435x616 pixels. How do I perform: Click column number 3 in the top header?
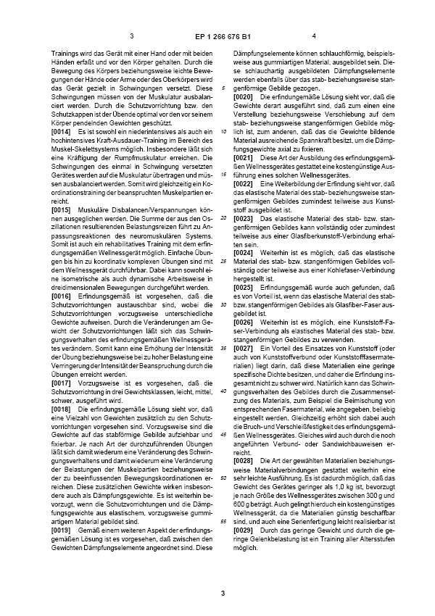132,36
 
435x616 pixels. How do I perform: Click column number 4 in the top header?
314,36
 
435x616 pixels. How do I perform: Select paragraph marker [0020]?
244,96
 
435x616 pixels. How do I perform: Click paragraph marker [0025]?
244,287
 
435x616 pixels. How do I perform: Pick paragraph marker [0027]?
244,349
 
